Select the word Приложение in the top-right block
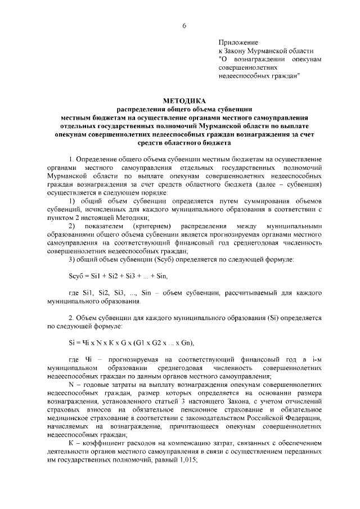pyautogui.click(x=238, y=42)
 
